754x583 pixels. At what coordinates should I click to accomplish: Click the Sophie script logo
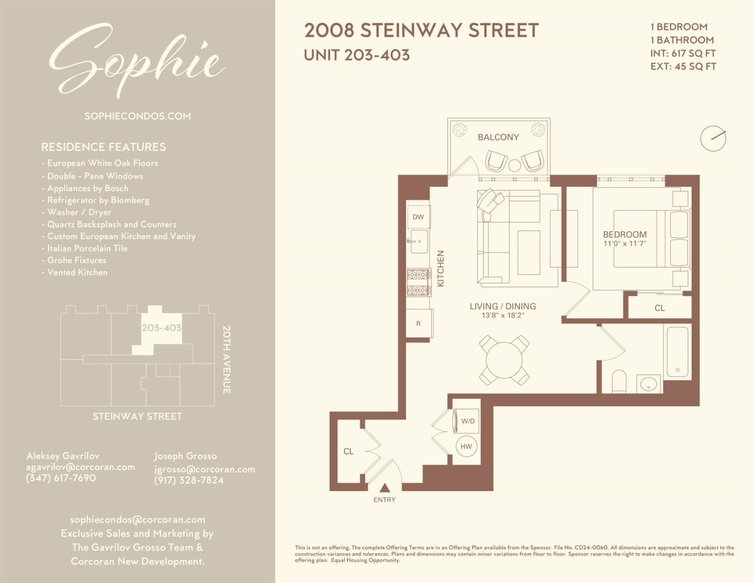(x=137, y=60)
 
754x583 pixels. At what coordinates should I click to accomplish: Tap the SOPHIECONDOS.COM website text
(x=138, y=116)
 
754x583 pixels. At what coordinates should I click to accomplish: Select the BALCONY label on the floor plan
(x=498, y=137)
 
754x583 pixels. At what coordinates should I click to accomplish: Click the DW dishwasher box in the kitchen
(x=418, y=217)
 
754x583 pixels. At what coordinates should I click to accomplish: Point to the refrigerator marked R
(x=418, y=324)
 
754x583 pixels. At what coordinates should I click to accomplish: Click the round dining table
(x=504, y=360)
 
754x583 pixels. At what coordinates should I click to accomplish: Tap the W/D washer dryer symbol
(x=467, y=421)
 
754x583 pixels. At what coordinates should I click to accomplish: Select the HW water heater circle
(x=466, y=447)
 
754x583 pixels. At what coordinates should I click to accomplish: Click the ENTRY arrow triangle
(x=385, y=488)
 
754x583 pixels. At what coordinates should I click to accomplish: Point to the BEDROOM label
(x=625, y=234)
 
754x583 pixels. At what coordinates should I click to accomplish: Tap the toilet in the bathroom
(x=619, y=382)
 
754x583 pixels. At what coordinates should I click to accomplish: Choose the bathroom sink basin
(x=649, y=385)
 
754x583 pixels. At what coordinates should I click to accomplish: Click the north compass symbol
(x=713, y=139)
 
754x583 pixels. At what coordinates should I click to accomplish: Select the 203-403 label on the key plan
(x=161, y=328)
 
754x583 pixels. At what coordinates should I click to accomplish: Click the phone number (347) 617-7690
(x=61, y=478)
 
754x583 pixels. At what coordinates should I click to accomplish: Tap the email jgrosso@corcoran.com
(x=205, y=469)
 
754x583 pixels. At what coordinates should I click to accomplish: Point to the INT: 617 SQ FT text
(x=683, y=53)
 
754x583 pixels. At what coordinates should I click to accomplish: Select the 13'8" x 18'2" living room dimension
(x=503, y=315)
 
